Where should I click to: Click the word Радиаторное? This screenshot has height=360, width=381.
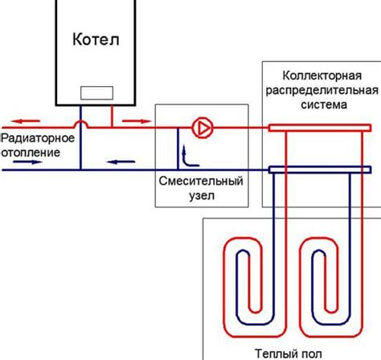pos(38,137)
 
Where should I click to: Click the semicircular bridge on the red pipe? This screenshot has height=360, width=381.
pos(81,123)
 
